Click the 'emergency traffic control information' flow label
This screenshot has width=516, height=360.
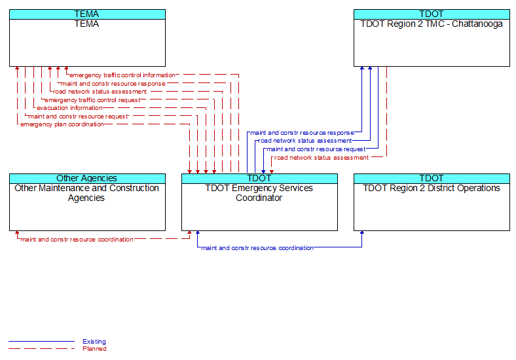[122, 75]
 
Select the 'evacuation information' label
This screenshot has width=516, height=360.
[69, 108]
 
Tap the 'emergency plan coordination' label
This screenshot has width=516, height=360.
[62, 124]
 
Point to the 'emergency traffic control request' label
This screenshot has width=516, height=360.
[92, 100]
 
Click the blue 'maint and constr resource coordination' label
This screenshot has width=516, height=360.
[257, 248]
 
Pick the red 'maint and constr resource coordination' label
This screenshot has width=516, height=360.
[77, 240]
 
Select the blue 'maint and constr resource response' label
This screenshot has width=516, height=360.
[302, 133]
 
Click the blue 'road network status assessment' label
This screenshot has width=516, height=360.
[305, 141]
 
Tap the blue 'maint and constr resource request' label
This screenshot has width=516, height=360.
[316, 149]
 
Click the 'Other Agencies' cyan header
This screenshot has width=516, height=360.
[87, 178]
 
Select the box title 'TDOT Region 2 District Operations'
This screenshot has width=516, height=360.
[432, 189]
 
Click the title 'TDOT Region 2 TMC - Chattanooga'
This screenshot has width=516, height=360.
[432, 24]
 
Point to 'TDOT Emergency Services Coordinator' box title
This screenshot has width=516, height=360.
[259, 193]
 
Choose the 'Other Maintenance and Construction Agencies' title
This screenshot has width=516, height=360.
[86, 193]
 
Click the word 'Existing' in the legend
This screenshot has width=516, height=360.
[94, 341]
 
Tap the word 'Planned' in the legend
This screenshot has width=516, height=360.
[94, 348]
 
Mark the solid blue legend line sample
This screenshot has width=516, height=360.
[41, 341]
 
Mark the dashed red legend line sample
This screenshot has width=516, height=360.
[41, 348]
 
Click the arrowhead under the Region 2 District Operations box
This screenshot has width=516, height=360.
[362, 232]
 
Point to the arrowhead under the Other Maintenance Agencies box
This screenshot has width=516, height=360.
[17, 232]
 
